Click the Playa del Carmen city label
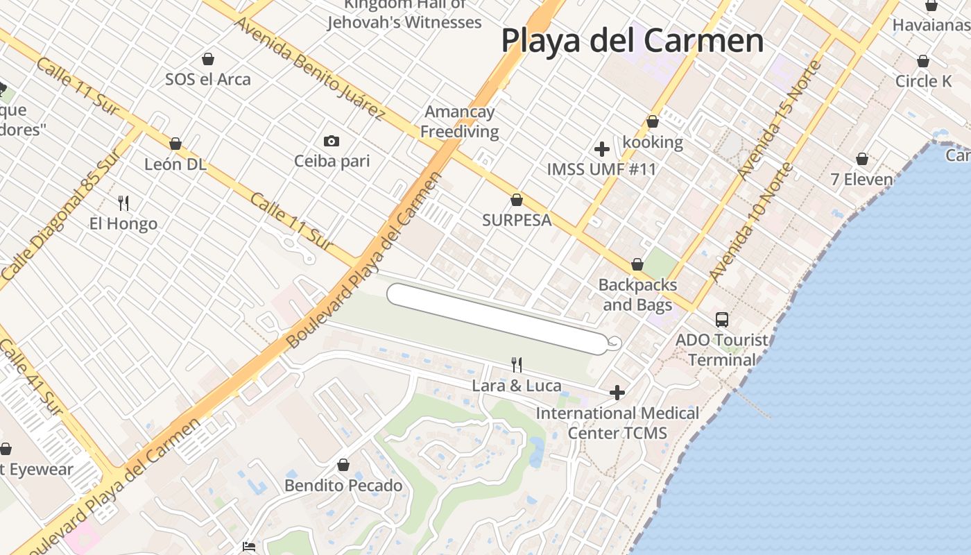point(632,40)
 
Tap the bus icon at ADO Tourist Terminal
point(722,320)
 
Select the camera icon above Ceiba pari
point(332,142)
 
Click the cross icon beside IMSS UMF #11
point(602,149)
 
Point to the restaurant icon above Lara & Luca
point(517,365)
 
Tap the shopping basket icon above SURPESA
point(517,200)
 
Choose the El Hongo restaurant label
point(123,223)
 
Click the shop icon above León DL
point(175,144)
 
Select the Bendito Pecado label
point(343,485)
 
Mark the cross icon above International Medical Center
point(617,393)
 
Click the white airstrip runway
point(497,318)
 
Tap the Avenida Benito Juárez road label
point(309,67)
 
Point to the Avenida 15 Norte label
point(780,119)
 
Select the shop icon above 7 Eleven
point(862,160)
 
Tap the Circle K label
point(923,81)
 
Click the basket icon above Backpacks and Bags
point(637,265)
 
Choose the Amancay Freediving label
point(460,121)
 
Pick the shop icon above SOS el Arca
point(207,59)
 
